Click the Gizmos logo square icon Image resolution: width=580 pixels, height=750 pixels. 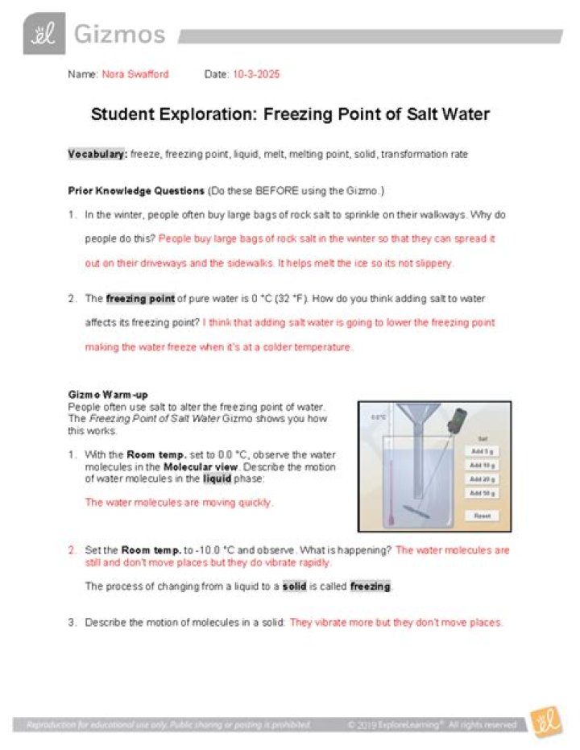click(x=38, y=35)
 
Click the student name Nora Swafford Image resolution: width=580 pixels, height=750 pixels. click(x=135, y=74)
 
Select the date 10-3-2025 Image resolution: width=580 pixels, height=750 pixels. click(x=255, y=74)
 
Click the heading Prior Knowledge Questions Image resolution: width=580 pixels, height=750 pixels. click(x=136, y=191)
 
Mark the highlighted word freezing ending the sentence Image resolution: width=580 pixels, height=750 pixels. click(x=370, y=586)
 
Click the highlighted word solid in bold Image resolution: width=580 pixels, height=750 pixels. click(x=295, y=586)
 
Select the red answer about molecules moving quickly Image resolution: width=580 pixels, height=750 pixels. click(x=179, y=503)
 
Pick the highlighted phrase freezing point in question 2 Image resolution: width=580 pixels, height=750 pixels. click(x=140, y=299)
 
